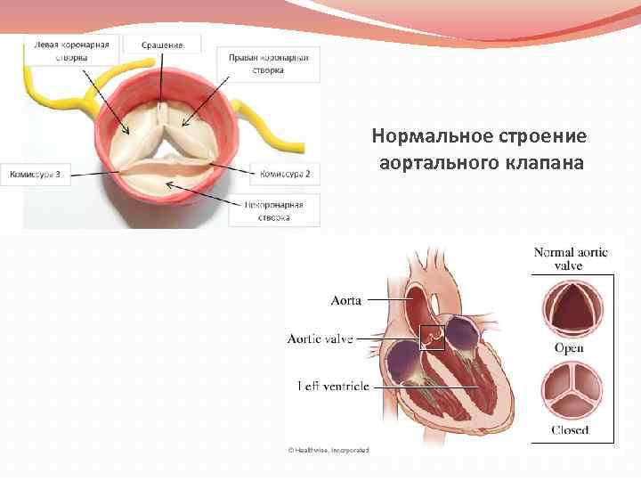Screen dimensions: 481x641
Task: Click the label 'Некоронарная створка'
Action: coord(275,210)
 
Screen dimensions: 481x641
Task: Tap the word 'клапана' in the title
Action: coord(547,165)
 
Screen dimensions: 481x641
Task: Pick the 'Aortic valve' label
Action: coord(320,338)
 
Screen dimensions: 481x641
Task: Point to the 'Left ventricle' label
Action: coord(334,386)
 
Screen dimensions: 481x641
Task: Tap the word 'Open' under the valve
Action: coord(570,348)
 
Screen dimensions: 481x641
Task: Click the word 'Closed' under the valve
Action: coord(570,430)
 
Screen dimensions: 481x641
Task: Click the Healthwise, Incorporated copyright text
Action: coord(329,451)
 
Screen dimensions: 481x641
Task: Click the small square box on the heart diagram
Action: coord(432,338)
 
